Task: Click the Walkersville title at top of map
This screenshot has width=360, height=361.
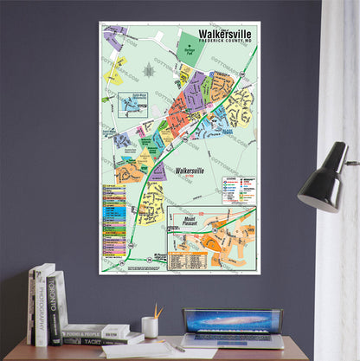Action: pyautogui.click(x=228, y=35)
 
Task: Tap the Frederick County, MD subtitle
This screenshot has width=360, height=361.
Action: pyautogui.click(x=228, y=43)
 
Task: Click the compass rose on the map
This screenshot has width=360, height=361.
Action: pyautogui.click(x=150, y=69)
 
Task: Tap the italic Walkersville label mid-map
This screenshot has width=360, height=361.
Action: pyautogui.click(x=193, y=171)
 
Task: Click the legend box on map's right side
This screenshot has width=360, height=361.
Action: pyautogui.click(x=238, y=190)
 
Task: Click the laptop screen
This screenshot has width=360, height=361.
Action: pyautogui.click(x=232, y=322)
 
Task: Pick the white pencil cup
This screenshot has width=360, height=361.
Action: pyautogui.click(x=150, y=326)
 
